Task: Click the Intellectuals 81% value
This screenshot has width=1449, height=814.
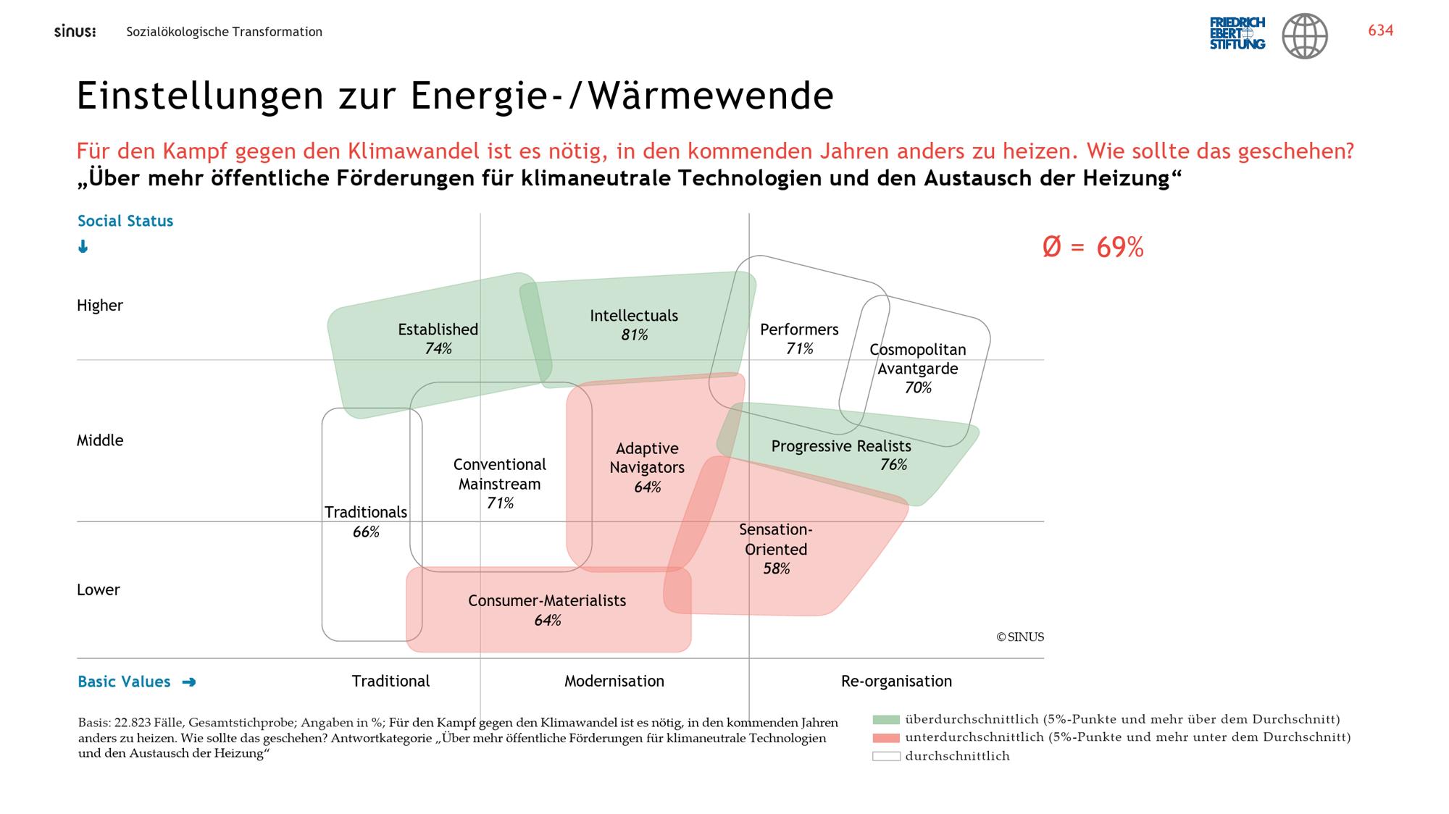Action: [x=634, y=335]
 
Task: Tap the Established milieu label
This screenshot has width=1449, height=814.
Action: [x=438, y=330]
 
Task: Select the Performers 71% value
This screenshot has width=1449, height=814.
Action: [x=799, y=348]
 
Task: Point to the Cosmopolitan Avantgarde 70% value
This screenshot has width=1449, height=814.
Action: [x=917, y=387]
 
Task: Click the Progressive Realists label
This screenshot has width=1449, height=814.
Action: [x=840, y=446]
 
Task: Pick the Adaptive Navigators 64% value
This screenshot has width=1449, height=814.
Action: [x=647, y=487]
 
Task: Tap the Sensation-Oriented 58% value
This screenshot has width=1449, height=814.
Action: [x=776, y=568]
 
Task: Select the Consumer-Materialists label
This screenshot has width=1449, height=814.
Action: [x=547, y=600]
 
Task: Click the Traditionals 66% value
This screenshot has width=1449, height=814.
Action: [x=366, y=532]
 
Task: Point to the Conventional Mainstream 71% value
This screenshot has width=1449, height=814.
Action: [x=500, y=503]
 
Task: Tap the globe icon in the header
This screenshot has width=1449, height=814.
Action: [x=1305, y=35]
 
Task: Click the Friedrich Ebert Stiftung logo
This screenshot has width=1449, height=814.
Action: [x=1237, y=33]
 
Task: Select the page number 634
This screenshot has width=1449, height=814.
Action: [x=1380, y=30]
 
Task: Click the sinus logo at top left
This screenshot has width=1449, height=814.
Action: [x=75, y=32]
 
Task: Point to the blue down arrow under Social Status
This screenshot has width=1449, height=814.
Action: [x=83, y=247]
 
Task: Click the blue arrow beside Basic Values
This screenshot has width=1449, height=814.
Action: [x=189, y=681]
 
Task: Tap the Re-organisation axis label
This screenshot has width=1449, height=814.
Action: [x=896, y=681]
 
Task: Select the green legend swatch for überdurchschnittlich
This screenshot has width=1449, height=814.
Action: [x=886, y=720]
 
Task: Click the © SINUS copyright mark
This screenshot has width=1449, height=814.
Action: [x=1020, y=637]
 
